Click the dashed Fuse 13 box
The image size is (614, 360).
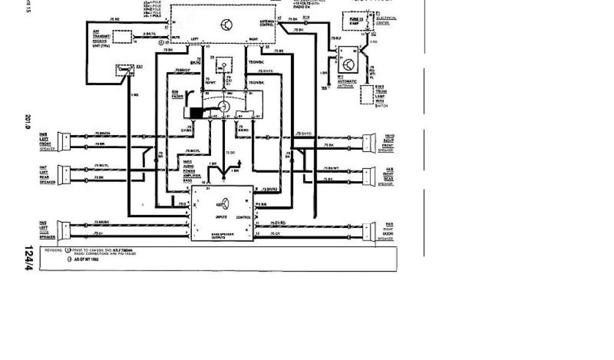click(353, 22)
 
